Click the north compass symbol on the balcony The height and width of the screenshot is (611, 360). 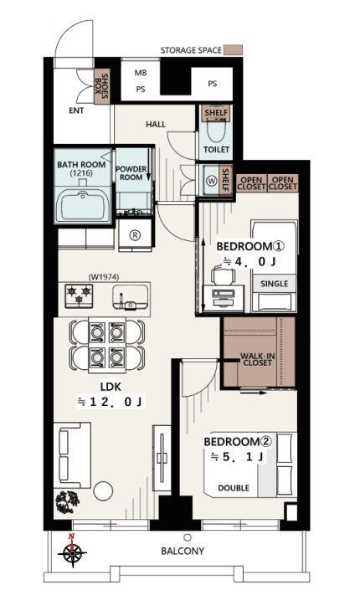[73, 552]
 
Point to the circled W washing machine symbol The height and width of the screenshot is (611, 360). [213, 181]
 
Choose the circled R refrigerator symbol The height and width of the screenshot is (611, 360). [135, 235]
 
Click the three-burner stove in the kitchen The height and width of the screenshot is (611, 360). [79, 295]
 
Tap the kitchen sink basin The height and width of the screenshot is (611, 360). [131, 297]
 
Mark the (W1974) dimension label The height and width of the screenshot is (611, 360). [104, 277]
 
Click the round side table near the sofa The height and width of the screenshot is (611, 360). [103, 490]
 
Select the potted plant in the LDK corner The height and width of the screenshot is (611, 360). [68, 502]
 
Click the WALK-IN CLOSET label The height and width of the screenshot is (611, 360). [256, 359]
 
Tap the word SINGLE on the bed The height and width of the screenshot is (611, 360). [275, 284]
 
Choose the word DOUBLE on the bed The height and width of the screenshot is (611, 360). [234, 488]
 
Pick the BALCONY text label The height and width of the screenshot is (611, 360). [183, 551]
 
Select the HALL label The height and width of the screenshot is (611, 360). [156, 125]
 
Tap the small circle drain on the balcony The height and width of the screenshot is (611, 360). [188, 537]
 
